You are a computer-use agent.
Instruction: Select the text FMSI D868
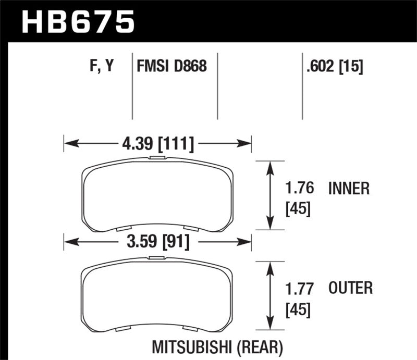click(171, 67)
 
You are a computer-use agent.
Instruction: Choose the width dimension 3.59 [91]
click(157, 242)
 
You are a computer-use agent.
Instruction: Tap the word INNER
click(349, 188)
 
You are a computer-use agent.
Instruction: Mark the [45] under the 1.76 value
click(299, 209)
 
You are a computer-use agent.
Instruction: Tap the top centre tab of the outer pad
click(156, 257)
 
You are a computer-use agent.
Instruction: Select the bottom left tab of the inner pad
click(122, 228)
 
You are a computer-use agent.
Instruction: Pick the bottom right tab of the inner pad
click(191, 228)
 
